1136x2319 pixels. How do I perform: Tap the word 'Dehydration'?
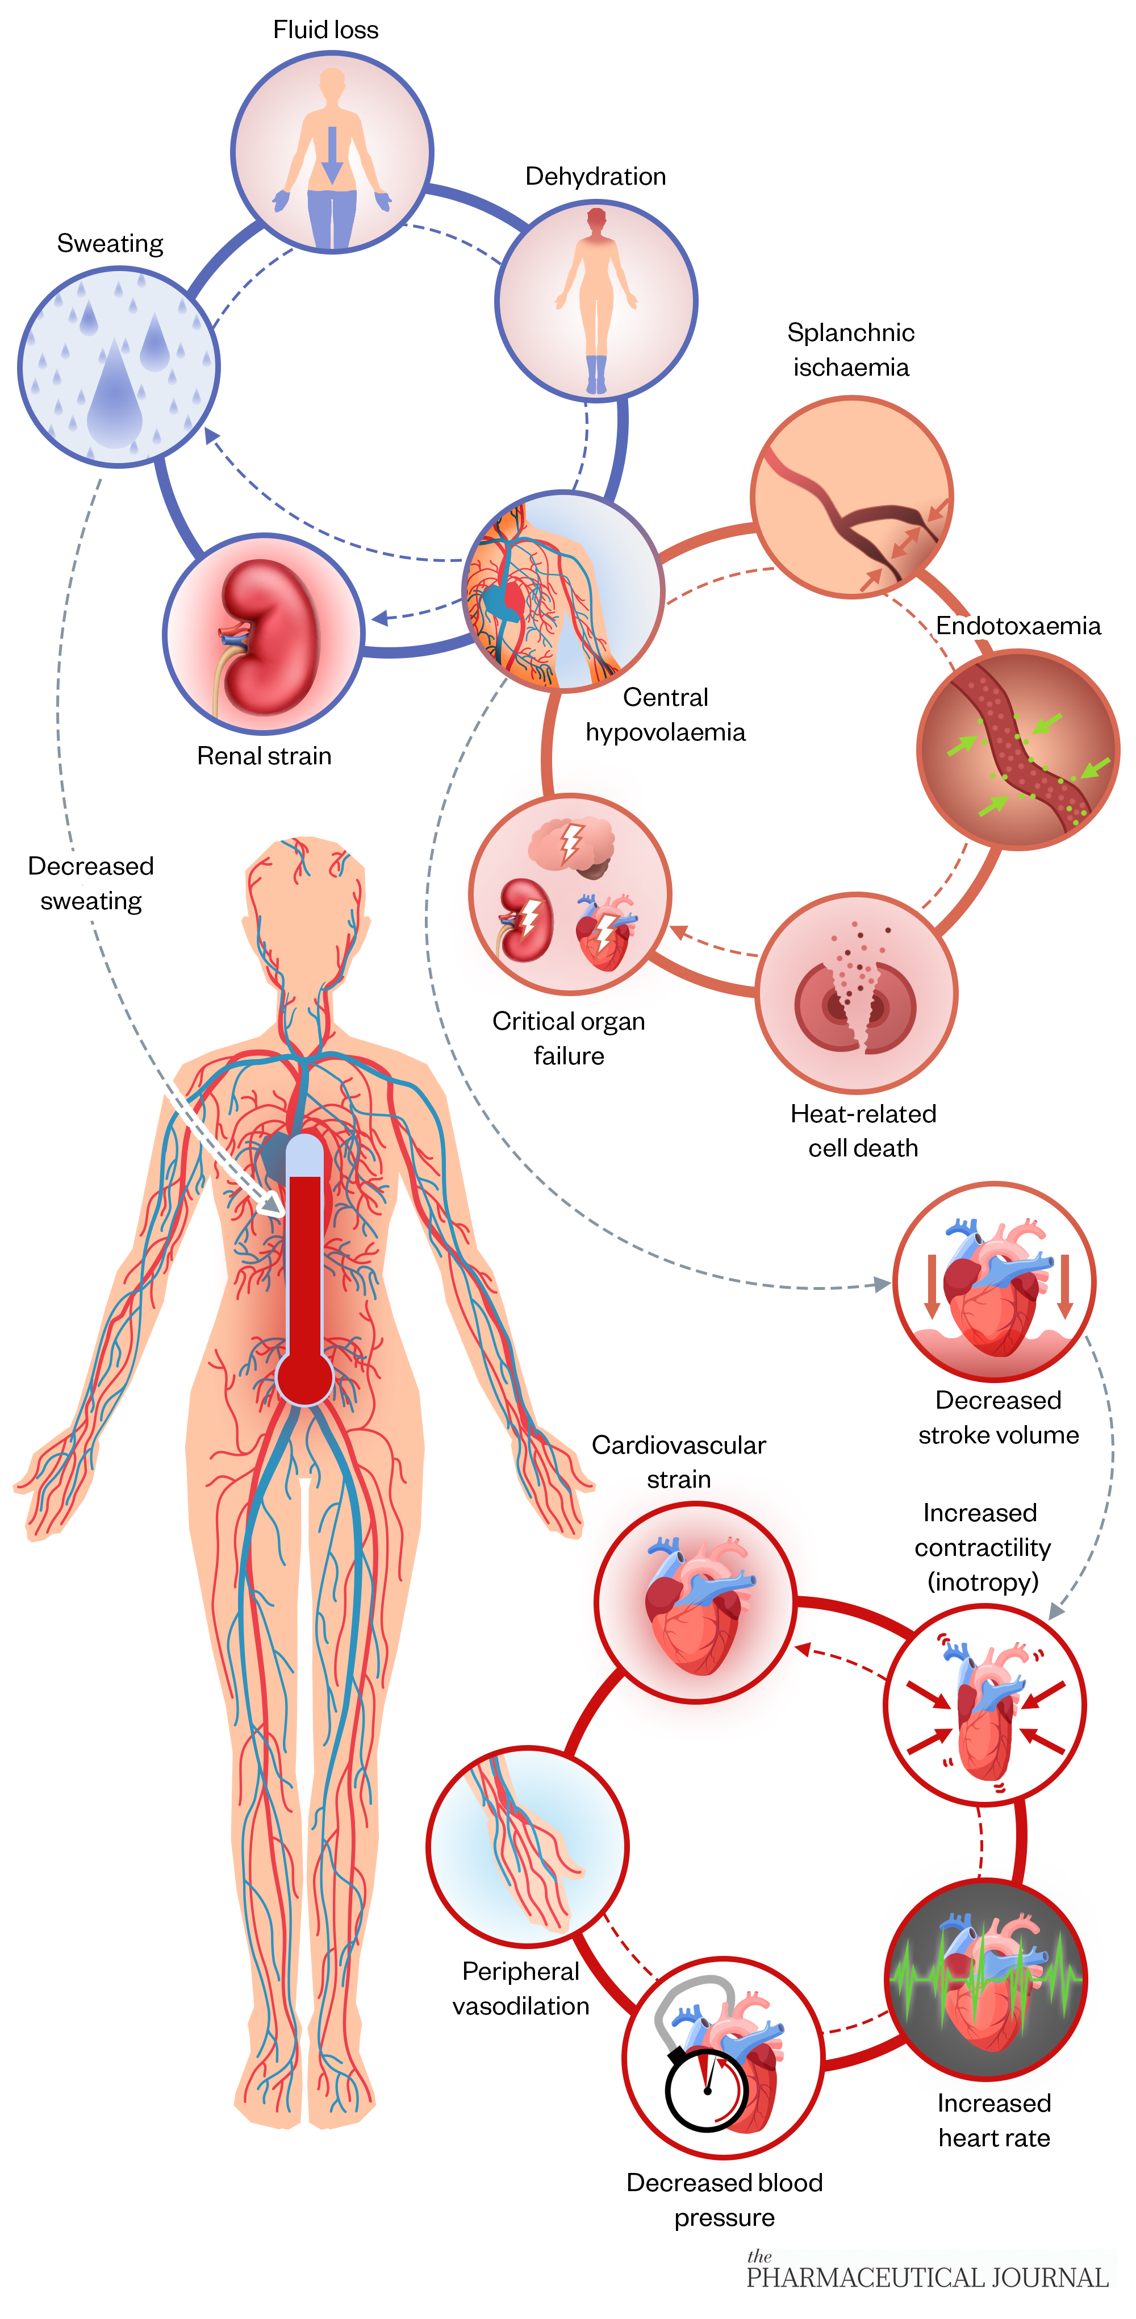(x=595, y=177)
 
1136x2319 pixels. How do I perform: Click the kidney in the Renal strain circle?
(x=270, y=635)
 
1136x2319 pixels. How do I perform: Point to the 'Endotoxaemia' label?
(x=1017, y=626)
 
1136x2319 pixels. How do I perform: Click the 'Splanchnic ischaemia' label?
(x=851, y=349)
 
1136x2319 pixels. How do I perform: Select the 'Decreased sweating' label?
(x=91, y=883)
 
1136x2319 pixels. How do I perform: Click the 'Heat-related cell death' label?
(x=862, y=1131)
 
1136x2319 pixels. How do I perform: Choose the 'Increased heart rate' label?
(x=994, y=2120)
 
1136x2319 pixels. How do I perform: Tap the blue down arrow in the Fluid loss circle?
(x=332, y=153)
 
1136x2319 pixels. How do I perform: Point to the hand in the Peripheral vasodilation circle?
(x=540, y=1855)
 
